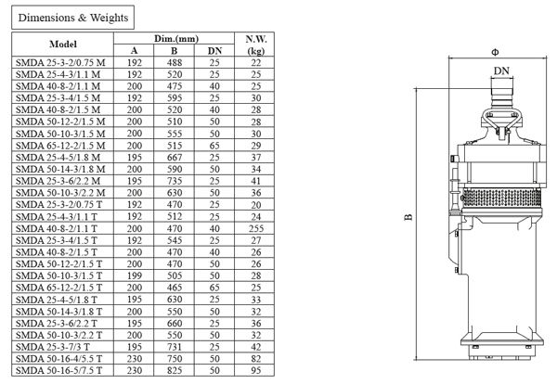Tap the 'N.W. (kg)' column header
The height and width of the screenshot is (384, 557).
pyautogui.click(x=256, y=45)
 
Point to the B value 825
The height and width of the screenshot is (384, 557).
pyautogui.click(x=175, y=371)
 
